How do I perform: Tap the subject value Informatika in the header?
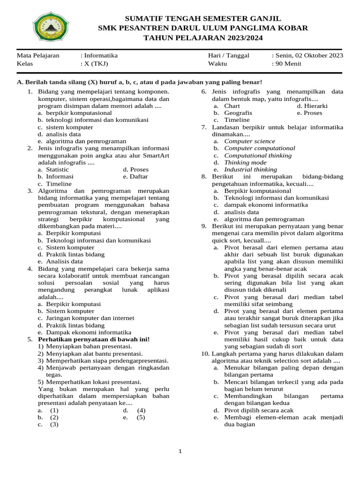101,55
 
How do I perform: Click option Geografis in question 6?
238,113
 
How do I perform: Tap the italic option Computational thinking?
258,155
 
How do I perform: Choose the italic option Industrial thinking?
250,169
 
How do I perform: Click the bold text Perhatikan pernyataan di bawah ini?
94,339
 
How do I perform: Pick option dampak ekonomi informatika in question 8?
266,205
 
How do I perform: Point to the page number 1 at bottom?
180,451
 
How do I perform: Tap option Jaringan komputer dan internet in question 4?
86,318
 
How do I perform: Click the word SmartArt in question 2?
156,155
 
